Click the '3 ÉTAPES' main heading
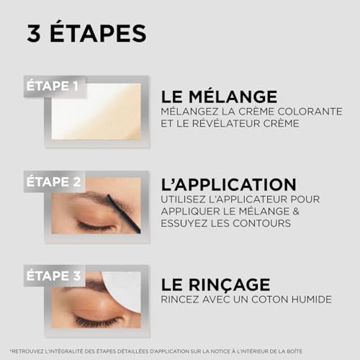tap(86, 33)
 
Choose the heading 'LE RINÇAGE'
tap(215, 284)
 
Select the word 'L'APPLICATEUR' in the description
tap(258, 199)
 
